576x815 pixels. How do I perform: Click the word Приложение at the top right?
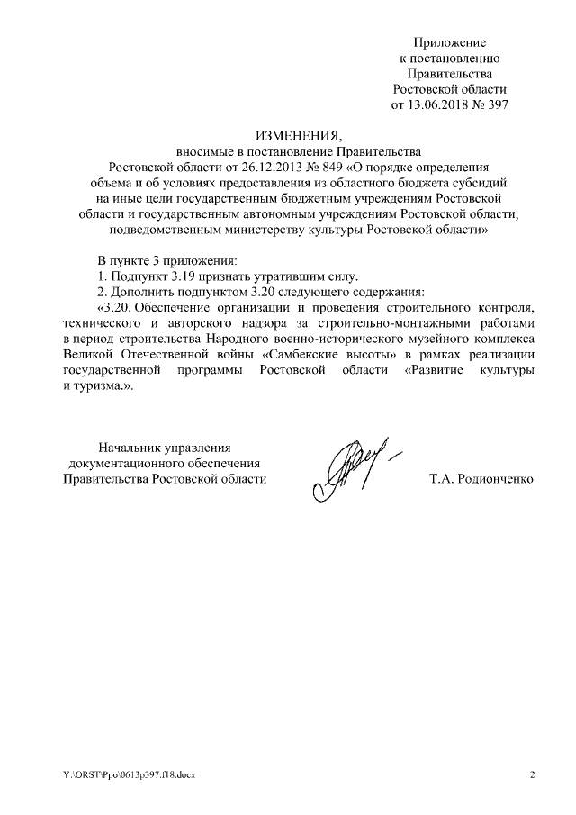449,42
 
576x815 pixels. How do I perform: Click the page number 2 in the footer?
532,775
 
